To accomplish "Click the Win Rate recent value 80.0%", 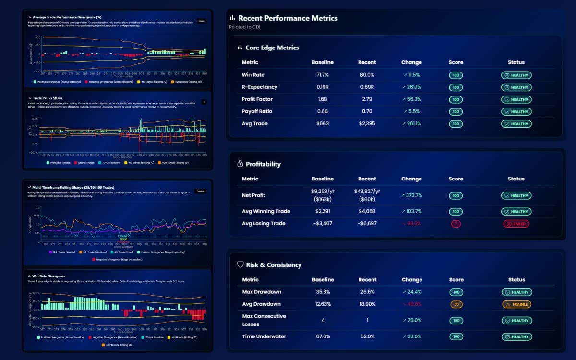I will [x=367, y=75].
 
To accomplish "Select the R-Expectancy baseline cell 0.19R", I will [x=322, y=87].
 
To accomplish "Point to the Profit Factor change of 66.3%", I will [x=411, y=99].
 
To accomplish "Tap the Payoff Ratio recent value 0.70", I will [x=367, y=112].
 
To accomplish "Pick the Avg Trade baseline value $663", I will [x=322, y=124].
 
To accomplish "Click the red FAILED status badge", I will [x=516, y=224].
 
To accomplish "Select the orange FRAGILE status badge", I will [x=516, y=304].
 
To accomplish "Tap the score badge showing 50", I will [x=456, y=304].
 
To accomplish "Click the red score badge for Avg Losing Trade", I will [x=456, y=224].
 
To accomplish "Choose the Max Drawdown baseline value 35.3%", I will [x=322, y=292].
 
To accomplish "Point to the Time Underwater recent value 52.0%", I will [x=367, y=336].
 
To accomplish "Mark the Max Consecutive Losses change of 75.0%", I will [x=411, y=320].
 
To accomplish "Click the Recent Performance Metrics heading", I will [x=288, y=18].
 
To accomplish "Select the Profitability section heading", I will [x=263, y=164].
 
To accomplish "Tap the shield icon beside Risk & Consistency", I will [x=240, y=264].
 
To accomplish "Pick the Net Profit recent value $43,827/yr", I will [x=367, y=192].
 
